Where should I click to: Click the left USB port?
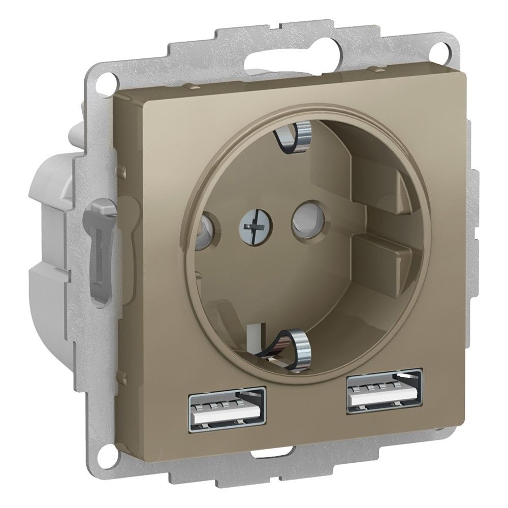click(x=228, y=406)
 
